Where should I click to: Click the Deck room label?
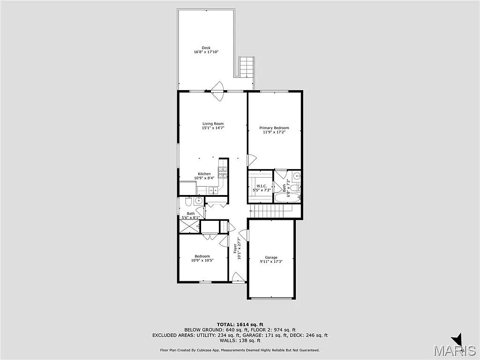(206, 47)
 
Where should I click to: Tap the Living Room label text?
(213, 124)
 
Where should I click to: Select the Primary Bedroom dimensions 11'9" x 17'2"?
(274, 132)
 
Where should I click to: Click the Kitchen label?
(204, 174)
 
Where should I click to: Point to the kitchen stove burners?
(223, 172)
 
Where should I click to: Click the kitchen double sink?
(213, 190)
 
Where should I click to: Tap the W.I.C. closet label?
(261, 186)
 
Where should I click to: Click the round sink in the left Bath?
(199, 201)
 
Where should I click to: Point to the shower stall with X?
(189, 226)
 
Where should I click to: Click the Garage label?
(271, 257)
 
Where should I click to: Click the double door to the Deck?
(217, 90)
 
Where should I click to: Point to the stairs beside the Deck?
(246, 67)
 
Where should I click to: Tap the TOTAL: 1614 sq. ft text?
(240, 324)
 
